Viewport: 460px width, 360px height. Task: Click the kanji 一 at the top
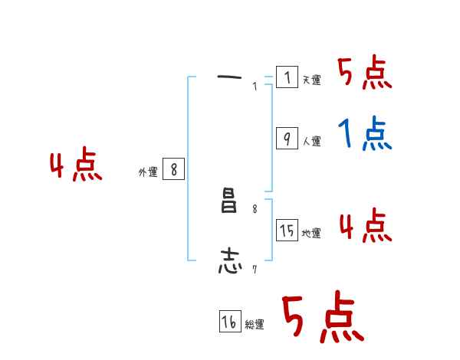(229, 77)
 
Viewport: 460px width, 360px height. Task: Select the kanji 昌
(229, 205)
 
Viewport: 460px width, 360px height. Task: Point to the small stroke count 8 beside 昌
(255, 208)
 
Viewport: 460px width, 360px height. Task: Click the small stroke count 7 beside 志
(254, 268)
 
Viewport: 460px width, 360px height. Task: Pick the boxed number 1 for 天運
(287, 77)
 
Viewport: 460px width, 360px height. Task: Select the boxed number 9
(287, 139)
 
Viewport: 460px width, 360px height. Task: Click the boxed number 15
(287, 231)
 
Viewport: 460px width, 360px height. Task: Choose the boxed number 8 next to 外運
(174, 170)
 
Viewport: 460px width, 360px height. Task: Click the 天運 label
(311, 80)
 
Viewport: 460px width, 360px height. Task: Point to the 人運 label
(311, 141)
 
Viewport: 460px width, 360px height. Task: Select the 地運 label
(311, 233)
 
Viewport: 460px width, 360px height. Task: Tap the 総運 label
(255, 325)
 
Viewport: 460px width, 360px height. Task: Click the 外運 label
(148, 172)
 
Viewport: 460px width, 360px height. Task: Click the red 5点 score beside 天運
(365, 74)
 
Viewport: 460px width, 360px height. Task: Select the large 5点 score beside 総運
(322, 318)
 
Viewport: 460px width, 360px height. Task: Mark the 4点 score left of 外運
(76, 167)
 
